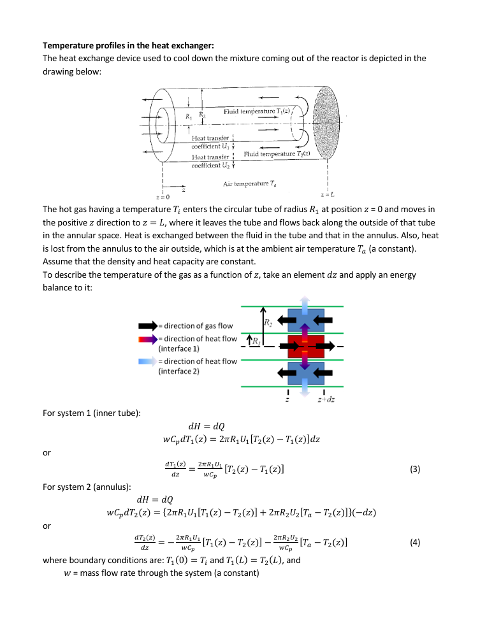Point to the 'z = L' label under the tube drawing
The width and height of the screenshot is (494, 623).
tap(325, 194)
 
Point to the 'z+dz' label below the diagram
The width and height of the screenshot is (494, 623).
tap(327, 399)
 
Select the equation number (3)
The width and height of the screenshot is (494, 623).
tap(415, 470)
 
